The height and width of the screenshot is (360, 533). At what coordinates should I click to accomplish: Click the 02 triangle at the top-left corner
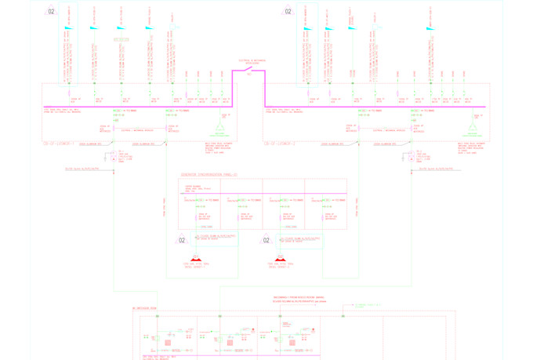coord(51,11)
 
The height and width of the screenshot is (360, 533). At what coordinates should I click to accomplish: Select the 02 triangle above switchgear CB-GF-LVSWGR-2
coord(288,11)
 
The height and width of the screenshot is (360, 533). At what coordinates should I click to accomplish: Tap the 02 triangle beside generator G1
coord(182,240)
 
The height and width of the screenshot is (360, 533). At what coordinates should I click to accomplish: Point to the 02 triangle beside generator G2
coord(266,240)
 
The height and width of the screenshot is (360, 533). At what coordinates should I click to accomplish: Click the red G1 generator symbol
coord(196,258)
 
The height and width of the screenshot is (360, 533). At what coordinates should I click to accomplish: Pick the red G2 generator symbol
coord(281,258)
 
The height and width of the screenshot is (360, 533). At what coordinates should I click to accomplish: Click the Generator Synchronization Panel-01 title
coord(208,175)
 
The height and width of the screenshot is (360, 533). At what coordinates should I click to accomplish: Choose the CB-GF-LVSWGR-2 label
coord(279,144)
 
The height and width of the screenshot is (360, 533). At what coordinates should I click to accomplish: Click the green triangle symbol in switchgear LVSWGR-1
coord(219,127)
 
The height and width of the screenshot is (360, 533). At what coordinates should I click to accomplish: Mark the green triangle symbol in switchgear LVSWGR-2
coord(472,127)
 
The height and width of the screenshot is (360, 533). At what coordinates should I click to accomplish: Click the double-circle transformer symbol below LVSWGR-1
coord(114,157)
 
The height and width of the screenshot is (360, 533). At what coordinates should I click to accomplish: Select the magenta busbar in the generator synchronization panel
coord(263,193)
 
